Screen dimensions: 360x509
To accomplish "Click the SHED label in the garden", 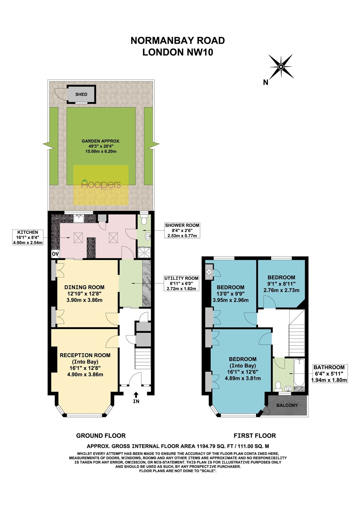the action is [x=81, y=94].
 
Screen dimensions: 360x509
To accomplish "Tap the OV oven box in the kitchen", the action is [x=55, y=254].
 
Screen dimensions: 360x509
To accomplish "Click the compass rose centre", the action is [x=281, y=67].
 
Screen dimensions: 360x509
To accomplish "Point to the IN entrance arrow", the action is [x=136, y=395].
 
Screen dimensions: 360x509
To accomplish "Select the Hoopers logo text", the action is [x=101, y=185].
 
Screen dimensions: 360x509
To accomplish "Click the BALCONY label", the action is [x=287, y=405].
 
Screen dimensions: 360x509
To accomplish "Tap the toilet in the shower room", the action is [x=144, y=220].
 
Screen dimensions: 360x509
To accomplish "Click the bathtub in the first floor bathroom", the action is [x=299, y=372].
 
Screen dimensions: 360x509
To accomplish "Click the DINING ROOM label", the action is [x=84, y=287].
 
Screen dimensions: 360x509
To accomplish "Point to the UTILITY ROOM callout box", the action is [x=181, y=283].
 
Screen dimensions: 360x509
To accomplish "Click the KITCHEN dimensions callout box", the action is [x=28, y=237].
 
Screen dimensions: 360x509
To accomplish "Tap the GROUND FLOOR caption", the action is [x=101, y=436].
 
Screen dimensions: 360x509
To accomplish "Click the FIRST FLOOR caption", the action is [x=255, y=436].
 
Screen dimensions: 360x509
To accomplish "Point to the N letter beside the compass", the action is [x=266, y=82].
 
